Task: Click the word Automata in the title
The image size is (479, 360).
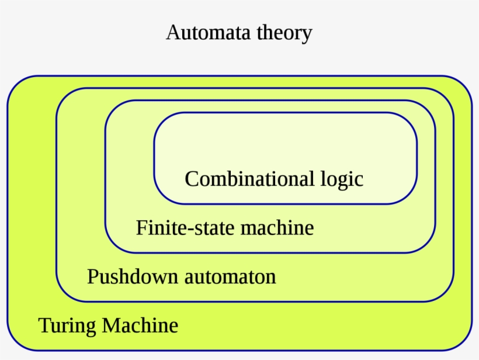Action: (x=208, y=32)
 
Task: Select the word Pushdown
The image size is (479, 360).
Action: (x=133, y=276)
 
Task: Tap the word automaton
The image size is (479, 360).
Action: (x=230, y=276)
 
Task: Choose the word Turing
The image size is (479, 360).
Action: (x=66, y=325)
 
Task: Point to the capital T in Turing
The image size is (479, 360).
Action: (x=44, y=324)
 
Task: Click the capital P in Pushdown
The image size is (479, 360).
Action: (x=92, y=276)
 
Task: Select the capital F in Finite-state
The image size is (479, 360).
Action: (x=142, y=227)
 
